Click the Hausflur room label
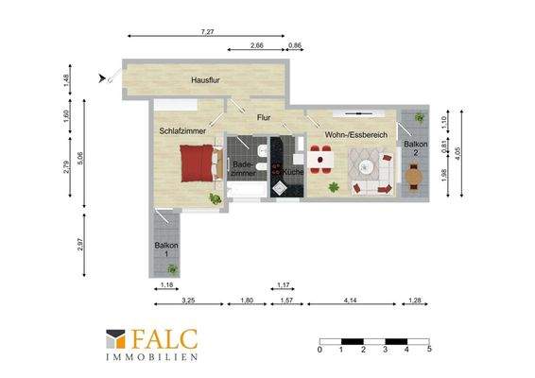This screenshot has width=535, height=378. [205, 80]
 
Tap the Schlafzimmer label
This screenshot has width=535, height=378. [182, 131]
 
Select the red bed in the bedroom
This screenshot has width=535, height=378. [197, 163]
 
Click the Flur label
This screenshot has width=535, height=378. [264, 118]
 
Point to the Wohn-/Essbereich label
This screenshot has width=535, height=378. [356, 135]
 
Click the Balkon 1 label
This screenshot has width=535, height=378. [166, 249]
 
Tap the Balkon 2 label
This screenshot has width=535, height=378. [416, 148]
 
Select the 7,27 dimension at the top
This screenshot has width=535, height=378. [207, 32]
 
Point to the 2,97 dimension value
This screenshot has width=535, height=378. [79, 244]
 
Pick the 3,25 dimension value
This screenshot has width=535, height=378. [188, 301]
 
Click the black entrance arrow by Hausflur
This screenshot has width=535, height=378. [102, 78]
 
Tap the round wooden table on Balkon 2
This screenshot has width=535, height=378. [414, 177]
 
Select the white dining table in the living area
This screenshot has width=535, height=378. [320, 160]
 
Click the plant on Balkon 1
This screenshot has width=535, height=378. [173, 269]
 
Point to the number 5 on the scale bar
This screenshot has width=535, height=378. [429, 350]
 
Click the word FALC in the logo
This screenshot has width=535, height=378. [164, 338]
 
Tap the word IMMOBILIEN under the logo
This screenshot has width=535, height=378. [152, 357]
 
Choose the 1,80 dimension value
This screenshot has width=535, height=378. [247, 301]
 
